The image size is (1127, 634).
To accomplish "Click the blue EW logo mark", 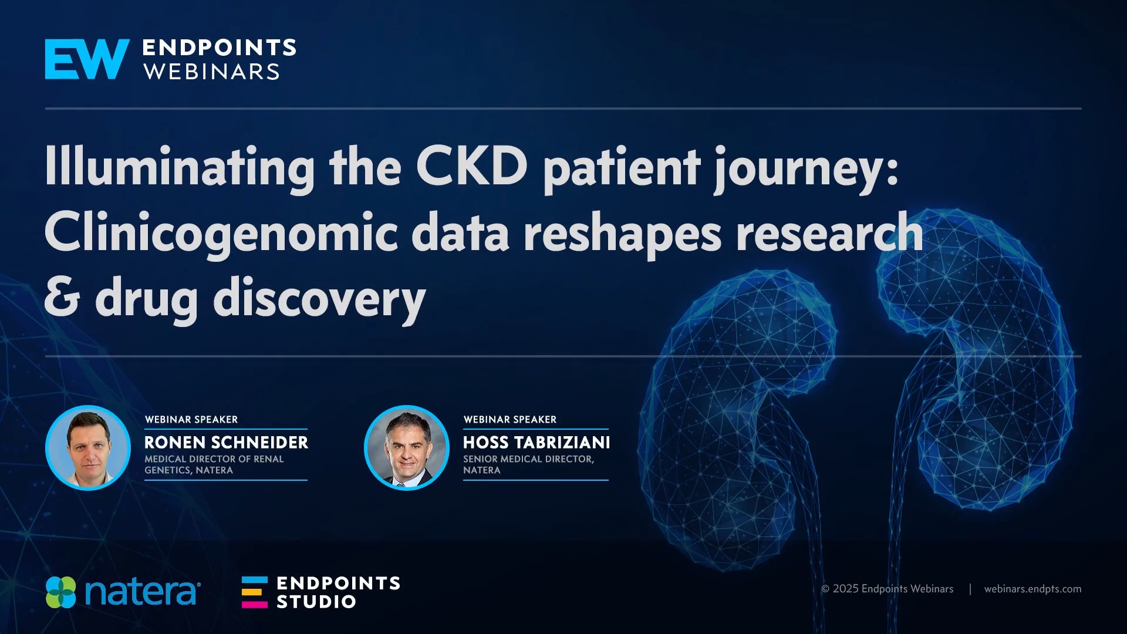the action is [x=87, y=59].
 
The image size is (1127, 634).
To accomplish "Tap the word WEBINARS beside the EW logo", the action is [x=212, y=72].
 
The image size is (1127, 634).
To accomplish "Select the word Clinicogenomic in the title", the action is [x=221, y=233].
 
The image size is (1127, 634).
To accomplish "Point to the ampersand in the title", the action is [x=62, y=297].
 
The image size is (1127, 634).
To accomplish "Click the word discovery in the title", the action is [x=319, y=299].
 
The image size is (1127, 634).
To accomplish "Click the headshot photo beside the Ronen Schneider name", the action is [x=88, y=448].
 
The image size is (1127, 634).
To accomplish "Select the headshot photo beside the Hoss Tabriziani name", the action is [x=407, y=448].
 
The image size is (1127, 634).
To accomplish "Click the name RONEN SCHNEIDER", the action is [x=227, y=443].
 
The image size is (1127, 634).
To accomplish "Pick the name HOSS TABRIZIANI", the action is [x=536, y=443].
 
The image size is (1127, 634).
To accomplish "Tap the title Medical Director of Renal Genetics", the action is [x=214, y=464].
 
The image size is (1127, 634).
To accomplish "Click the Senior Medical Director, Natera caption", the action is [x=528, y=464].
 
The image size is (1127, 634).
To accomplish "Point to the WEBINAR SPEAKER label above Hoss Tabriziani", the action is [x=510, y=420].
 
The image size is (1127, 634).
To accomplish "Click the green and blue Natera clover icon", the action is [x=61, y=592].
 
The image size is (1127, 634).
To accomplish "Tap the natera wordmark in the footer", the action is [x=143, y=593].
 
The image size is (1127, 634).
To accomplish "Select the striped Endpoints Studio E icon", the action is [x=255, y=592].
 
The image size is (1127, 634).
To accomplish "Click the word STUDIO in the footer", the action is [x=316, y=602].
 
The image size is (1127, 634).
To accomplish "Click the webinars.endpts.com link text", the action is [x=1032, y=589].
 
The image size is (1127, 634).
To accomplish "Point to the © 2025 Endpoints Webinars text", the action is [x=887, y=589].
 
